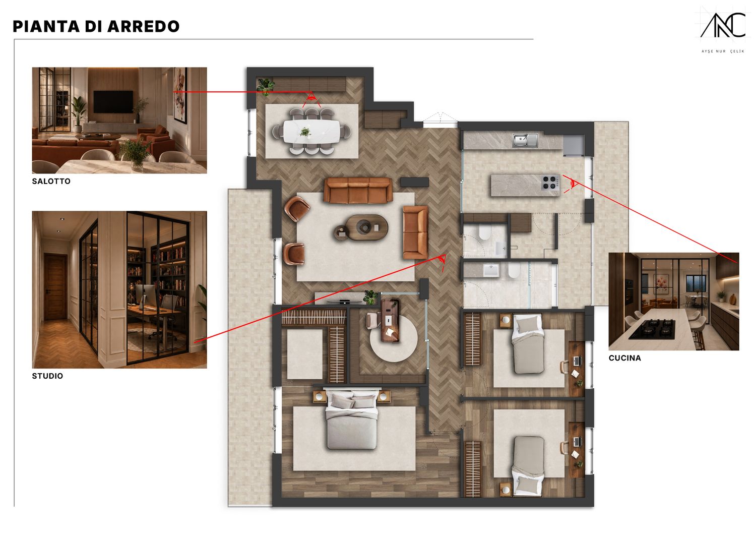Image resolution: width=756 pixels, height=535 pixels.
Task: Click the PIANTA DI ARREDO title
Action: (x=96, y=27)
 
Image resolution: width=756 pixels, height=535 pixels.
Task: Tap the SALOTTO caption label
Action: (x=51, y=182)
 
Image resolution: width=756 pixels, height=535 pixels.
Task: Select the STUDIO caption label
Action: (x=47, y=376)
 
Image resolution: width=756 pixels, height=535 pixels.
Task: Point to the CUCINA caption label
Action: (x=625, y=358)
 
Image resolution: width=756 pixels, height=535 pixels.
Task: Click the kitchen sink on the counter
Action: (x=525, y=140)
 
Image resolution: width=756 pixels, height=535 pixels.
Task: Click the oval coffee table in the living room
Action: (x=366, y=227)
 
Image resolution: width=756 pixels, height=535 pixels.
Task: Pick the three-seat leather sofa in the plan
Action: (x=358, y=190)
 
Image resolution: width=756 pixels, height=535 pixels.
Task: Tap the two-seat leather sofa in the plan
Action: (x=415, y=232)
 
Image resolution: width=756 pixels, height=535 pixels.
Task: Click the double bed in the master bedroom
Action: (x=351, y=420)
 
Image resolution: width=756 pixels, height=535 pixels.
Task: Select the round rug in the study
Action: (x=394, y=338)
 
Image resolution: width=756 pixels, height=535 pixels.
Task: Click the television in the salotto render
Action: (x=113, y=102)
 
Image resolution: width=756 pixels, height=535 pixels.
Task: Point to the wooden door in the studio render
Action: (x=55, y=287)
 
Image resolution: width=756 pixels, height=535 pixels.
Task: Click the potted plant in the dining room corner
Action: (x=266, y=86)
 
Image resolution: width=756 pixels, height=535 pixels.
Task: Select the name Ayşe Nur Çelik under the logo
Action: (x=723, y=51)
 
